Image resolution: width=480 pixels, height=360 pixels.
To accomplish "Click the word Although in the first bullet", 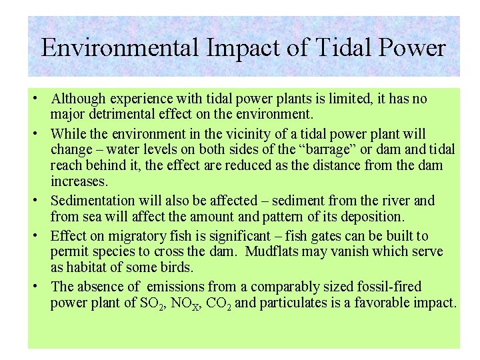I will click(77, 99).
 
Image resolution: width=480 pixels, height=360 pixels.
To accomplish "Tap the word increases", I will click(77, 181).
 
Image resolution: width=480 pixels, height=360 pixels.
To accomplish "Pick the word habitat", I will click(86, 267).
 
